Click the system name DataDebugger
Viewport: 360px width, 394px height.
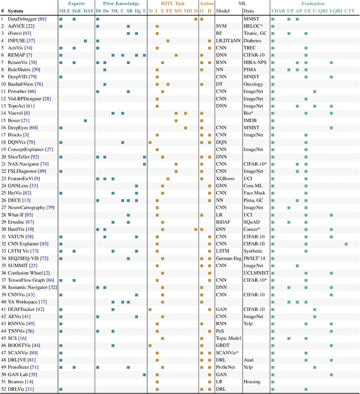[25, 19]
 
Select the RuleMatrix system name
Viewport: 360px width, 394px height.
[22, 69]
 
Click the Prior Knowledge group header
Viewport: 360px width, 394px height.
[120, 3]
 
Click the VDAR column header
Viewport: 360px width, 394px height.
[278, 11]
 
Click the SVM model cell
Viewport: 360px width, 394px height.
[222, 26]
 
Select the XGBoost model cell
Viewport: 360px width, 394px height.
[226, 178]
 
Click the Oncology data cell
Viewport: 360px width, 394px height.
[253, 84]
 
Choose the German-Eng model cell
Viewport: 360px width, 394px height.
[229, 258]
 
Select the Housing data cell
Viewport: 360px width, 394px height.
[251, 382]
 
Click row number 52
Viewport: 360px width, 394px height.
[3, 389]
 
